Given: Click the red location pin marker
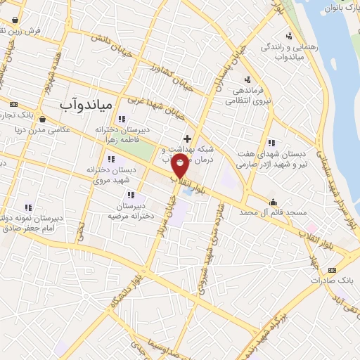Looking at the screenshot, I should coord(181,167).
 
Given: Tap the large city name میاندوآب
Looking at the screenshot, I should coord(82,104).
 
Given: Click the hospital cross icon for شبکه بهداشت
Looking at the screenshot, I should coord(187,139).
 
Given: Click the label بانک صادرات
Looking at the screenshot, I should coord(336,281).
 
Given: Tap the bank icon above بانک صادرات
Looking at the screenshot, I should coord(332,269).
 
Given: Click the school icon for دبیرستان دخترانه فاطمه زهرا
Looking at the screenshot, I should coord(122,119).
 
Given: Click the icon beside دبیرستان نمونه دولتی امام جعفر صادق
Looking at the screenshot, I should coord(28,207).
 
